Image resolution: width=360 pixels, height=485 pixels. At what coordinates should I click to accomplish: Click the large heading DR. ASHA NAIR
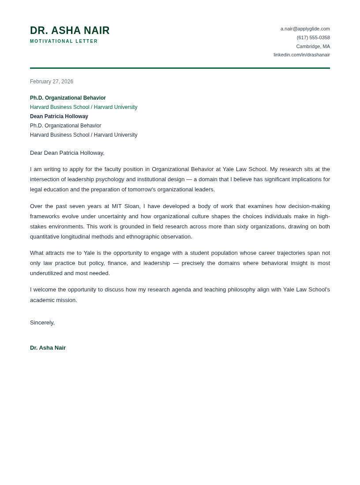(x=70, y=30)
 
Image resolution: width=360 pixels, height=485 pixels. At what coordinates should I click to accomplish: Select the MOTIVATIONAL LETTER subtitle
(x=64, y=41)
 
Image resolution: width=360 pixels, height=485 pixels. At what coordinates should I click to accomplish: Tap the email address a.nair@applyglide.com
(x=305, y=29)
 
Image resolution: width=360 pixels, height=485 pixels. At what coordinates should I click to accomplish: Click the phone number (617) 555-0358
(x=313, y=37)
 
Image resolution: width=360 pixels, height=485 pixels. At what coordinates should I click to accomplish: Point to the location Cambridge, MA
(x=313, y=46)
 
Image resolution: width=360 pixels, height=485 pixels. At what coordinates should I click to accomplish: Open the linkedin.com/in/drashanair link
(x=301, y=55)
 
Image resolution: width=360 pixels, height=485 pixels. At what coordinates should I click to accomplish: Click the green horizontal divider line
(x=180, y=68)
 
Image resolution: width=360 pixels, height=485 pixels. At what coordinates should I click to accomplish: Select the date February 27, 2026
(x=52, y=82)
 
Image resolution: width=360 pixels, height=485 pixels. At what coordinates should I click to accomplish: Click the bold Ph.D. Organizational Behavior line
(x=68, y=98)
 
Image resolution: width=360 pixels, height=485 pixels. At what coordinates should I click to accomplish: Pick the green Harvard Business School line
(x=83, y=107)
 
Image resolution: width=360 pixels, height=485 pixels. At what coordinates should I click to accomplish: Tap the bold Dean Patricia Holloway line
(x=59, y=116)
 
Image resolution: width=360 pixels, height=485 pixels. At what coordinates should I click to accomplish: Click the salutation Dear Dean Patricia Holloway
(x=67, y=153)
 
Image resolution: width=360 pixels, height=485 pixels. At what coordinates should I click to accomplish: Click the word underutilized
(x=46, y=273)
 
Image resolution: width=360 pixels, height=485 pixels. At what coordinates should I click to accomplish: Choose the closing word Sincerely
(x=42, y=322)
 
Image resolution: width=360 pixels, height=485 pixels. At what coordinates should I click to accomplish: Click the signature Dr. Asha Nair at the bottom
(x=48, y=347)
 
